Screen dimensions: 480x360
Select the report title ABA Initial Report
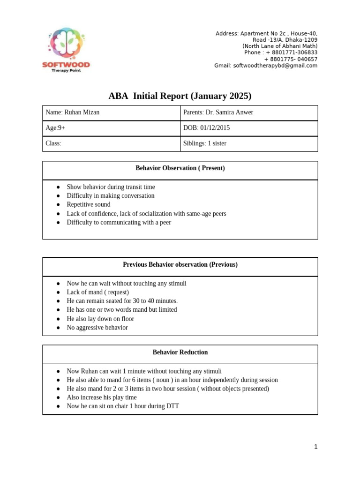coord(180,96)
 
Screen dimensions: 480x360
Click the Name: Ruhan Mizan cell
coord(72,112)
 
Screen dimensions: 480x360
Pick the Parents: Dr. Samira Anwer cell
coord(218,112)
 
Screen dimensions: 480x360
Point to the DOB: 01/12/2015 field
coord(207,128)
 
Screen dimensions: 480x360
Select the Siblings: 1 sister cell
coord(205,143)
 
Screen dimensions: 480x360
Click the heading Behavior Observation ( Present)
coord(180,168)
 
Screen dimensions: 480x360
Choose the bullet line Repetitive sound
coord(89,204)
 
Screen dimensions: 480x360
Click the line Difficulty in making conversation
coord(111,195)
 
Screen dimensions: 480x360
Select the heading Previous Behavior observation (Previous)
coord(180,265)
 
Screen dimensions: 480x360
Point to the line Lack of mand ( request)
coord(97,292)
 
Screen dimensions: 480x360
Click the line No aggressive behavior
coord(97,328)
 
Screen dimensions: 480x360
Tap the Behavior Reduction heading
coord(180,352)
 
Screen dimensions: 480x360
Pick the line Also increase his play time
coord(101,397)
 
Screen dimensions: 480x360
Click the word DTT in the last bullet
coord(172,406)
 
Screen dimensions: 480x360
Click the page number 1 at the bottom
coord(315,447)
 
